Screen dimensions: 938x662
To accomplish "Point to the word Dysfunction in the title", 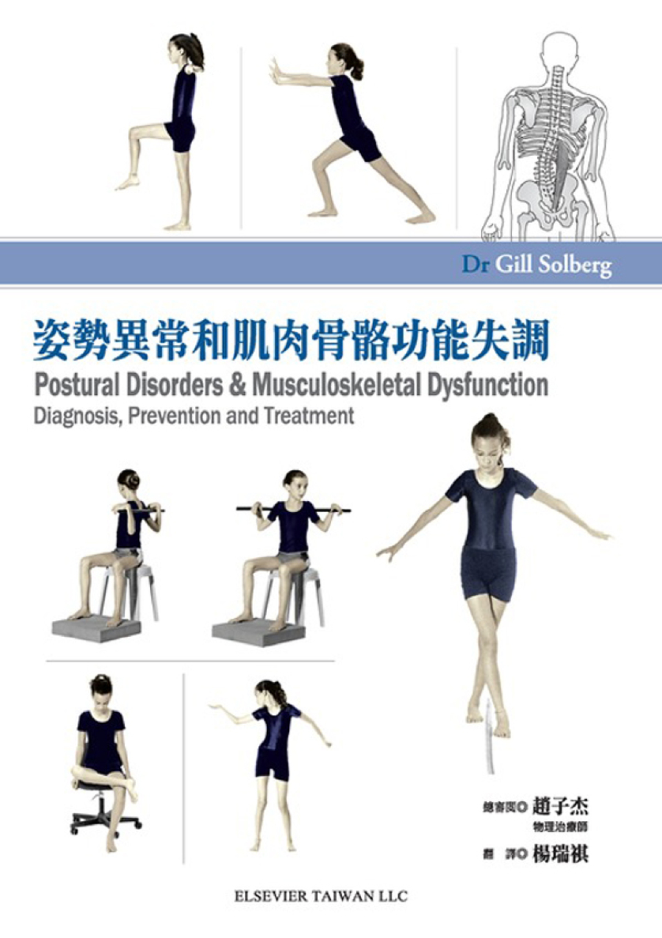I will pyautogui.click(x=487, y=385).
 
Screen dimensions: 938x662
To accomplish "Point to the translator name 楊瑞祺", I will pyautogui.click(x=560, y=855).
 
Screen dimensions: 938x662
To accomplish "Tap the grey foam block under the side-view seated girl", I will pyautogui.click(x=94, y=626).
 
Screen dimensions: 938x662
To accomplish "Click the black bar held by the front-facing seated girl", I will pyautogui.click(x=294, y=510).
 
